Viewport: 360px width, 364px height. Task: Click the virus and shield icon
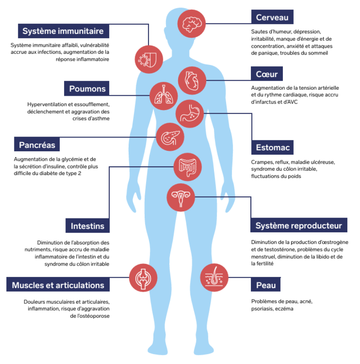tap(149, 58)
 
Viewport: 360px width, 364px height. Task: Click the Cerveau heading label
tap(272, 17)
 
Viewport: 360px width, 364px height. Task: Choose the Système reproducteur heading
tap(298, 226)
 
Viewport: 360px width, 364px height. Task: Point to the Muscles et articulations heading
tap(58, 285)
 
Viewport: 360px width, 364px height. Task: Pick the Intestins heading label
tap(88, 226)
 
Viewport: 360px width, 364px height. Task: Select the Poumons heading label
tap(87, 89)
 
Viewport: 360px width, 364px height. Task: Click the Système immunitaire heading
tap(63, 31)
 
